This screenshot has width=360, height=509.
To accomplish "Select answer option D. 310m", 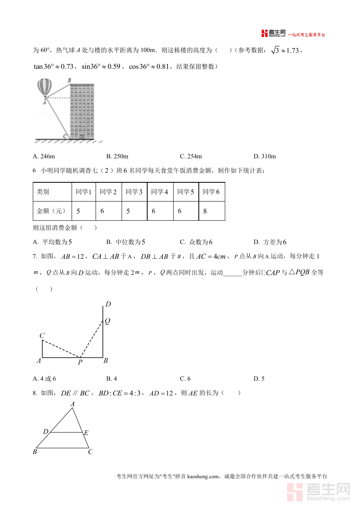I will [265, 156].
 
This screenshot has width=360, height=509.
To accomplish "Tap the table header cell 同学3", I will [134, 192].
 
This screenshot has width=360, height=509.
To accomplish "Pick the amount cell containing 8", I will [205, 211].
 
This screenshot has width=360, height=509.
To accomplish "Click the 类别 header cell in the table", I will [43, 192].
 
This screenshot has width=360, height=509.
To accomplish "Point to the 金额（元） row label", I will [51, 211].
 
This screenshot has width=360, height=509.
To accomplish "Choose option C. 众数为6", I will [196, 242].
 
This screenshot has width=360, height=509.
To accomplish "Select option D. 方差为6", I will [270, 242].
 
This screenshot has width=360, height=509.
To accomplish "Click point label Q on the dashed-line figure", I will [107, 321].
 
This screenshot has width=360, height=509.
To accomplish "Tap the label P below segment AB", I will [80, 363].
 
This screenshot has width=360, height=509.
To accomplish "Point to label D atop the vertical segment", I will [108, 305].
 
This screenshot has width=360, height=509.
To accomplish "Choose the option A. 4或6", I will [45, 379].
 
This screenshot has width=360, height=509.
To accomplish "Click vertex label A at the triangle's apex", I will [72, 404].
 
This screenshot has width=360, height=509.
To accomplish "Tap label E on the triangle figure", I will [86, 433].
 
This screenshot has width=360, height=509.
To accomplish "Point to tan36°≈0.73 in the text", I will [54, 67].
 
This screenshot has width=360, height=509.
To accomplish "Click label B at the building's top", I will [69, 80].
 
